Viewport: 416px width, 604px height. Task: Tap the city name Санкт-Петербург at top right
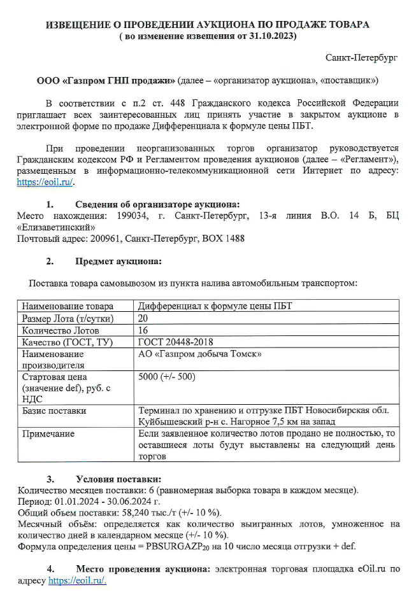(x=361, y=57)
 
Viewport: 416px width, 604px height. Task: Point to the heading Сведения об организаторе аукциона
(x=157, y=204)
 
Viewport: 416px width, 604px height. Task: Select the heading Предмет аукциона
(x=118, y=261)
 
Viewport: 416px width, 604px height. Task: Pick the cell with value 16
(x=143, y=330)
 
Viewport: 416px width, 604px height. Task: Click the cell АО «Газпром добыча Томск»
(x=200, y=353)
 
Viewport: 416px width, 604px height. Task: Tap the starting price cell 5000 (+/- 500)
(x=167, y=377)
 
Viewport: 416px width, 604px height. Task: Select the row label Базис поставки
(x=54, y=411)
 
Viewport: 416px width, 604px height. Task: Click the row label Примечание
(x=48, y=433)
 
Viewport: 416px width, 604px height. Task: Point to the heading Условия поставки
(x=118, y=479)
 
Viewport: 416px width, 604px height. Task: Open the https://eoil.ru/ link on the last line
(x=77, y=580)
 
